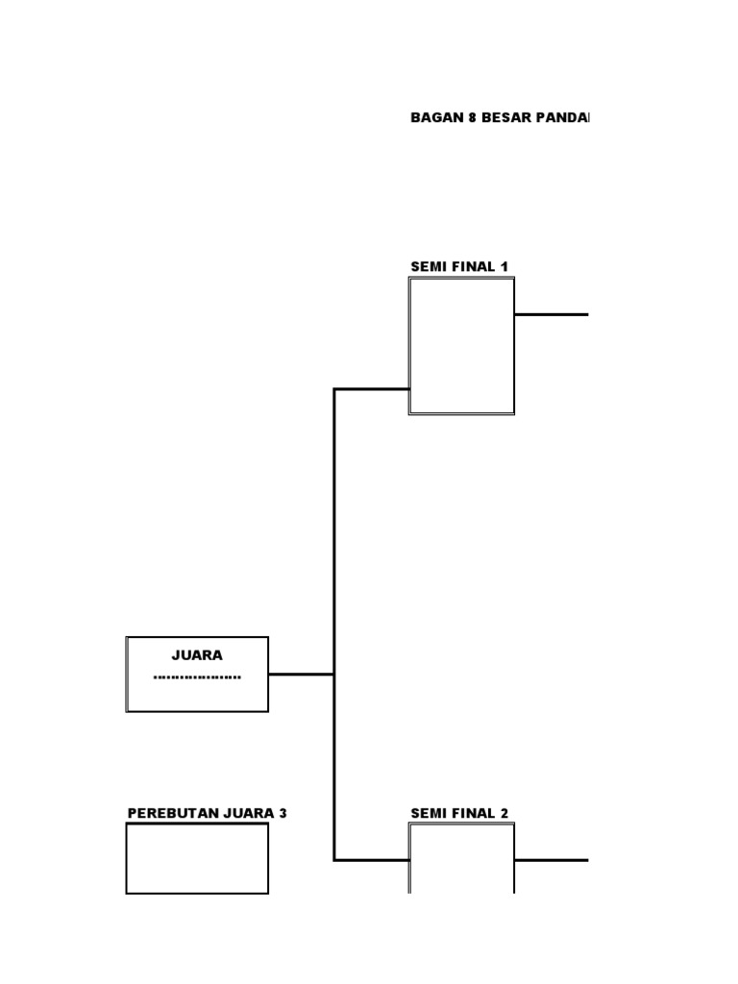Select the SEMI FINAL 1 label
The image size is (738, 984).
pos(459,266)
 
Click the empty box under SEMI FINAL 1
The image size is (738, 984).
pos(461,346)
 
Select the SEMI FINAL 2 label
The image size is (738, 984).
pos(459,813)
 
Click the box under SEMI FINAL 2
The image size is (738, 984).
pos(461,860)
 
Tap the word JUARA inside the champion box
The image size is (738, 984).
pos(197,655)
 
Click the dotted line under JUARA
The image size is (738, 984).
pos(197,677)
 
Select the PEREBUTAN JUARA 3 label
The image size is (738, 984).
pos(207,813)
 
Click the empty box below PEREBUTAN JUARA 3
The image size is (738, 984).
pos(197,858)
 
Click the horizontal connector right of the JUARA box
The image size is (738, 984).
pos(301,675)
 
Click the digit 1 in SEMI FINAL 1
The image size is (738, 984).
pos(504,266)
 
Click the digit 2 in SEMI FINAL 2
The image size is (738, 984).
pos(504,813)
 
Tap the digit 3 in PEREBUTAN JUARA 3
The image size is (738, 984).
pos(283,813)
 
